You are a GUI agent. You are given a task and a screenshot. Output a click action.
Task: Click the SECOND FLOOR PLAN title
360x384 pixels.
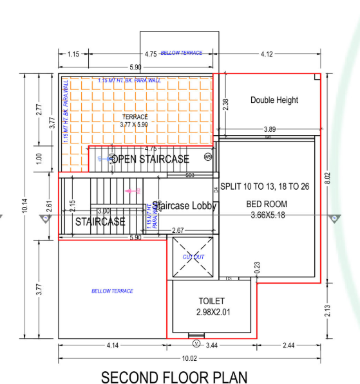tap(173, 376)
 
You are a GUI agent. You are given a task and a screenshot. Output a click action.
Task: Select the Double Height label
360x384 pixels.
tap(274, 100)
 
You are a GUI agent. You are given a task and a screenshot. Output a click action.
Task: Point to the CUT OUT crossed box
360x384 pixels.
tap(193, 257)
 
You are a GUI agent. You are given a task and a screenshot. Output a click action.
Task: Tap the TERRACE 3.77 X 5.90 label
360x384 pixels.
tap(135, 120)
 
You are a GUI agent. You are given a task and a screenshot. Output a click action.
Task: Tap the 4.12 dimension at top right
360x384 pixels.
tap(269, 53)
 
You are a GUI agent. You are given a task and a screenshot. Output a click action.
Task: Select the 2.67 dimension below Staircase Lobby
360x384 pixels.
tap(178, 230)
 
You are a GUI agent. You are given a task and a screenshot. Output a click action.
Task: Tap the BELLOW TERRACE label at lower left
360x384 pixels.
tap(112, 291)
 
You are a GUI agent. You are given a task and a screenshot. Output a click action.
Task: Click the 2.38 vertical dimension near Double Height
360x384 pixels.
tap(224, 105)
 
